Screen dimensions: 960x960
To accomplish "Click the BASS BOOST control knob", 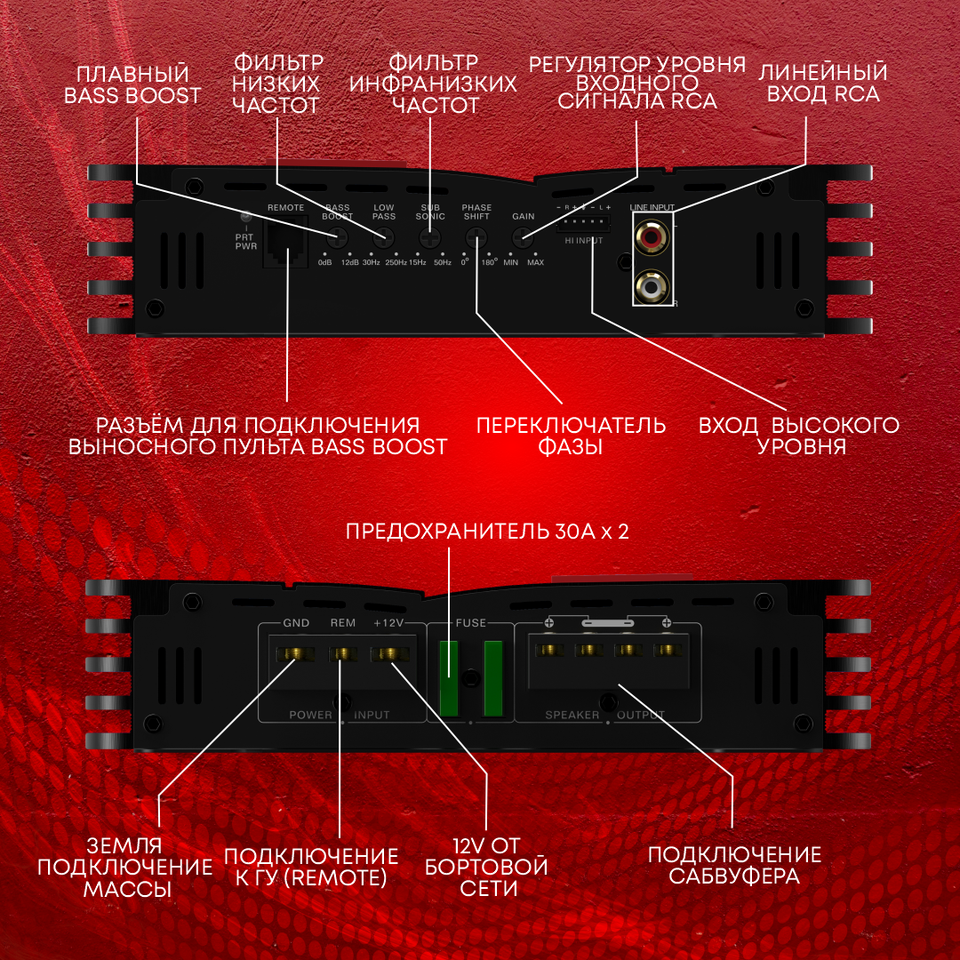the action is click(x=337, y=237).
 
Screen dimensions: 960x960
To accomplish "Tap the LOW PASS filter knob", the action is click(x=384, y=237).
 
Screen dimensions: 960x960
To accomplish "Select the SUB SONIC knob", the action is click(x=431, y=237).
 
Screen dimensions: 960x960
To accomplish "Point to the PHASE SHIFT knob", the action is click(x=476, y=237).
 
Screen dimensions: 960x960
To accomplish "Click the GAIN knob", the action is click(x=523, y=237).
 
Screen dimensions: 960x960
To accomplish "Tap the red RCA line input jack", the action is click(x=652, y=237).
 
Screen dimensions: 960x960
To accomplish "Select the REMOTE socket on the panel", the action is click(x=286, y=242).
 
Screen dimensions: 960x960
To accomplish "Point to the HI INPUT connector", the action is click(x=584, y=223).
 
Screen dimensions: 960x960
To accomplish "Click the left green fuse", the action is click(x=448, y=677).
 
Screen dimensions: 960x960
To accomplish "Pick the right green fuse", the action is click(x=492, y=677).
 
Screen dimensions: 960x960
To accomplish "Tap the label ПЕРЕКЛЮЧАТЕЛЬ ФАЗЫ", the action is click(x=571, y=436).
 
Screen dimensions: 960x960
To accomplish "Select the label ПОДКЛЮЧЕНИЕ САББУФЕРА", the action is click(x=734, y=865).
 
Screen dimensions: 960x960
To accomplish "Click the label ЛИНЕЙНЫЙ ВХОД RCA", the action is click(x=822, y=83).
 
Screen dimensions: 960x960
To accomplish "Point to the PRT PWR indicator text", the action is click(x=246, y=240).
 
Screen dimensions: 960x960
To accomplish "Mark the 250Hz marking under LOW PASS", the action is click(x=396, y=262).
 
